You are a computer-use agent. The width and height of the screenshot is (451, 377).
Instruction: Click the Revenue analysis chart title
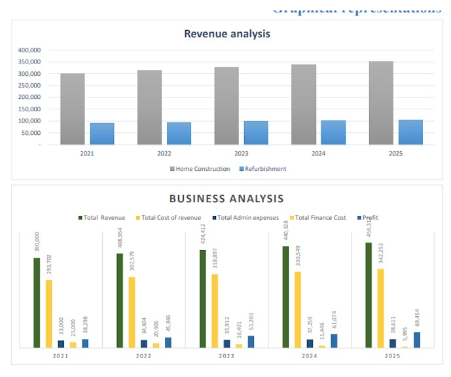tap(226, 34)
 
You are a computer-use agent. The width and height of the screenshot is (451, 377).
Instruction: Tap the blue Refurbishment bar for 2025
tap(410, 132)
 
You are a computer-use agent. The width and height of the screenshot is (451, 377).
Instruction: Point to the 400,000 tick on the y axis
tap(30, 50)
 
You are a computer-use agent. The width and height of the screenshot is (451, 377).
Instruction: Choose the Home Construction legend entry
tap(200, 169)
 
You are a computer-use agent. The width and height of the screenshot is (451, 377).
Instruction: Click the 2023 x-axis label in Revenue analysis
tap(241, 154)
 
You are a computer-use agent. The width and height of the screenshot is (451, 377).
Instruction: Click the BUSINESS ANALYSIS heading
tap(226, 198)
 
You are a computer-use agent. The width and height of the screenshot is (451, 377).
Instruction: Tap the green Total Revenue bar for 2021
tap(37, 302)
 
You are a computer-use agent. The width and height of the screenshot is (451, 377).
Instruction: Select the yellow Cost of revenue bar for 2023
tap(215, 311)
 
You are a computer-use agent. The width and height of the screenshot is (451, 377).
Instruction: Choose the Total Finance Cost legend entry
tap(317, 218)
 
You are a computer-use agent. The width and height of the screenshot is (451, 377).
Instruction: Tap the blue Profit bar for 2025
tap(417, 340)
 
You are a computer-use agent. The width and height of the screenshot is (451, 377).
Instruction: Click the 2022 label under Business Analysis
tap(143, 356)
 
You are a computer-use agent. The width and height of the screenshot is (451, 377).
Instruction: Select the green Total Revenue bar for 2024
tap(286, 296)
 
